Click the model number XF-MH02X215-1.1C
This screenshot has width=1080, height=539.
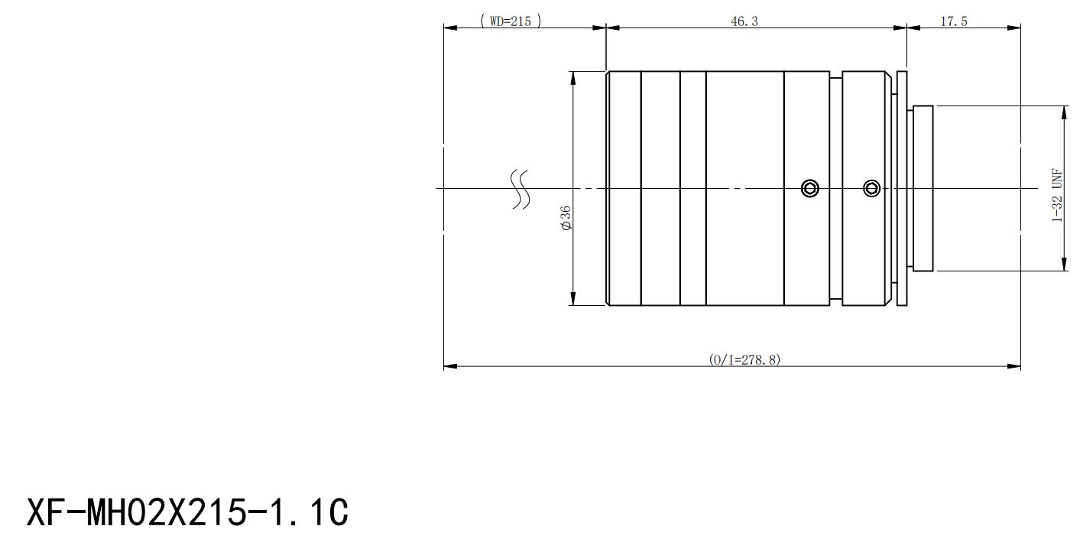[187, 512]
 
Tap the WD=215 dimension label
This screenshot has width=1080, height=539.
[511, 21]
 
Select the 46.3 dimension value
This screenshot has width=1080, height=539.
[744, 21]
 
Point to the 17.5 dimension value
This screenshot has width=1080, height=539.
[954, 21]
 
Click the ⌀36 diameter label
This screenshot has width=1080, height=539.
[566, 218]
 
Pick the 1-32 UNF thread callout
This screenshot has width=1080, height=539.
[1057, 195]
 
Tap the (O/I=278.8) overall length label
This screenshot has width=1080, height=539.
[744, 359]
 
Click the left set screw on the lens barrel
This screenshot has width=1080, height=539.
[810, 188]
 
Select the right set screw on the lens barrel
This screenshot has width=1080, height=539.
[871, 188]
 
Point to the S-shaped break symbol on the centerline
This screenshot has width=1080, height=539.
[521, 189]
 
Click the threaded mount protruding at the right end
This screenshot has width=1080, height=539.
[923, 188]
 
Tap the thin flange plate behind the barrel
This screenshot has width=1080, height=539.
[902, 188]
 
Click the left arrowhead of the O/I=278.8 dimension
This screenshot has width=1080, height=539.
[450, 366]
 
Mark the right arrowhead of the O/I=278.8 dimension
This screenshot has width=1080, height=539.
[1014, 366]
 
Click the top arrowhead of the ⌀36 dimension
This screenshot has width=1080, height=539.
[573, 78]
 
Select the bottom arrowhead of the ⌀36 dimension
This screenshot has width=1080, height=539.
[573, 298]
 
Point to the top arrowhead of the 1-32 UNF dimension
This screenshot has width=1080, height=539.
[1065, 113]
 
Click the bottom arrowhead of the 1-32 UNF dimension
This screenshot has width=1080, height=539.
[1065, 264]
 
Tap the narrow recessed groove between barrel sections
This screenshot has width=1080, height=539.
[836, 188]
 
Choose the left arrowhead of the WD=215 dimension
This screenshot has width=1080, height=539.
[450, 28]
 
